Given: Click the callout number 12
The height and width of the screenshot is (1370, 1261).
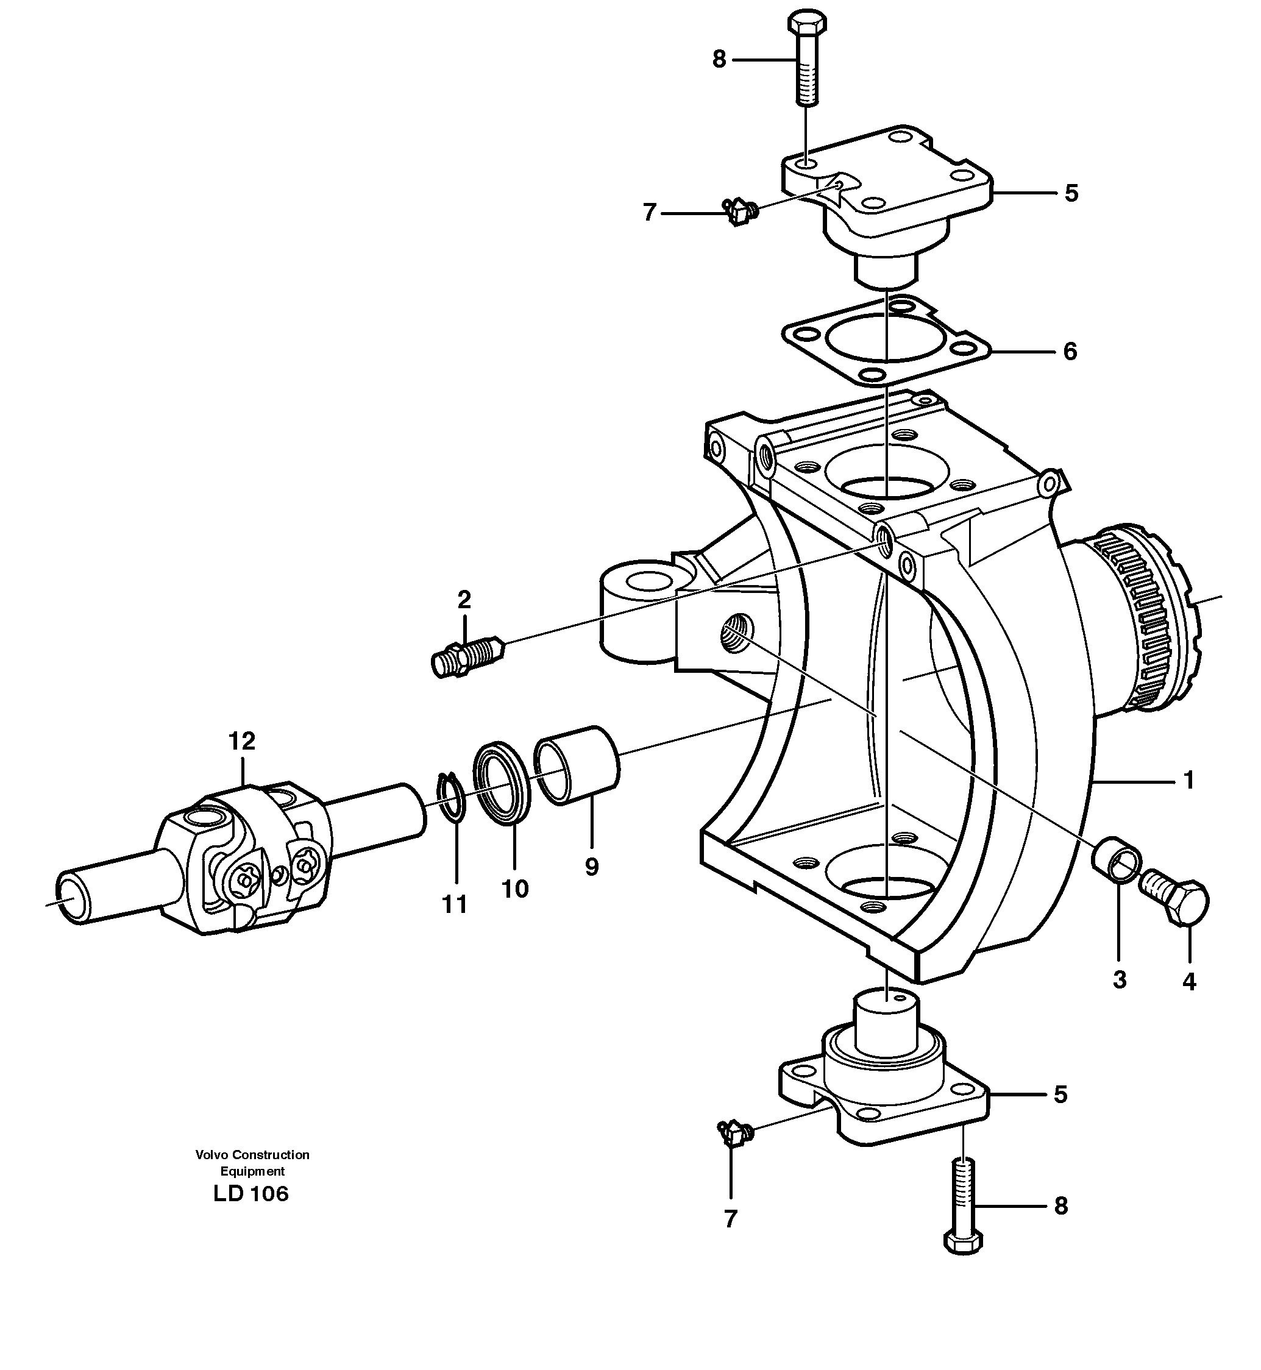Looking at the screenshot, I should pyautogui.click(x=241, y=741).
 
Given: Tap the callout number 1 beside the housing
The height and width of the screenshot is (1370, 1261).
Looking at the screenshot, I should pyautogui.click(x=1188, y=780).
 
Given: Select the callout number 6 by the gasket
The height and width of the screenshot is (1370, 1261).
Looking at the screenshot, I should pyautogui.click(x=1069, y=352).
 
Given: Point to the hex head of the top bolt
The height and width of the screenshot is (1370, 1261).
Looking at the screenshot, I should pyautogui.click(x=807, y=24).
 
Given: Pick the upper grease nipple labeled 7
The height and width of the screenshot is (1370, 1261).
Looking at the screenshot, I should pyautogui.click(x=739, y=212).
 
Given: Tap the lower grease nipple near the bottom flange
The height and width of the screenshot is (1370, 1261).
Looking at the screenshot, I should pyautogui.click(x=733, y=1135).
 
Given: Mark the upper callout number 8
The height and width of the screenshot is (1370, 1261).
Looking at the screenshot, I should pyautogui.click(x=719, y=60).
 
